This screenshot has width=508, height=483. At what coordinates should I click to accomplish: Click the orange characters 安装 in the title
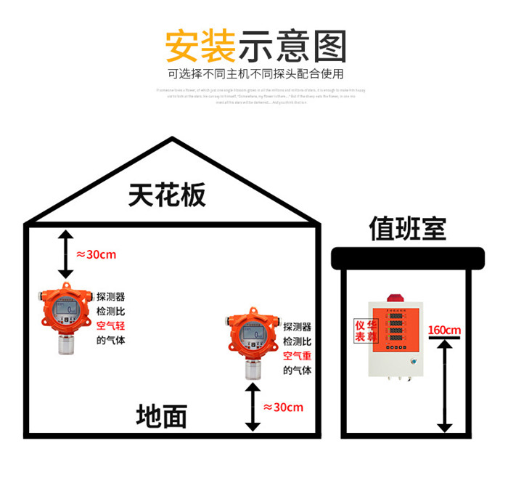point(200,46)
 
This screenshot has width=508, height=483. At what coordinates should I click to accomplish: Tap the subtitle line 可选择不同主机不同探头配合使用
point(255,73)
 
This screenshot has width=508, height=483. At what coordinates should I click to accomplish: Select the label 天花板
point(168,195)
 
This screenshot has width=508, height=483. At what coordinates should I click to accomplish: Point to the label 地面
point(162,416)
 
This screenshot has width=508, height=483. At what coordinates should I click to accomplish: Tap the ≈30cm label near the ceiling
point(96,255)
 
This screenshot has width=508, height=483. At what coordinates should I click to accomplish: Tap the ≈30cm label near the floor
point(283,407)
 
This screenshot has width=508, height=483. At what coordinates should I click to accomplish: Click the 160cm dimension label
point(444,330)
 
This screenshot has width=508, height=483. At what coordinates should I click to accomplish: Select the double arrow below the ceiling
point(65,254)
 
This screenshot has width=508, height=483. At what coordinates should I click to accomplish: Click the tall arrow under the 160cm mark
point(444,385)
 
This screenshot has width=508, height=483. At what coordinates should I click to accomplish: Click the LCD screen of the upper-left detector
point(66,310)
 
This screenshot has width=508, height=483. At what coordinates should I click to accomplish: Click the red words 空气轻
point(111,327)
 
